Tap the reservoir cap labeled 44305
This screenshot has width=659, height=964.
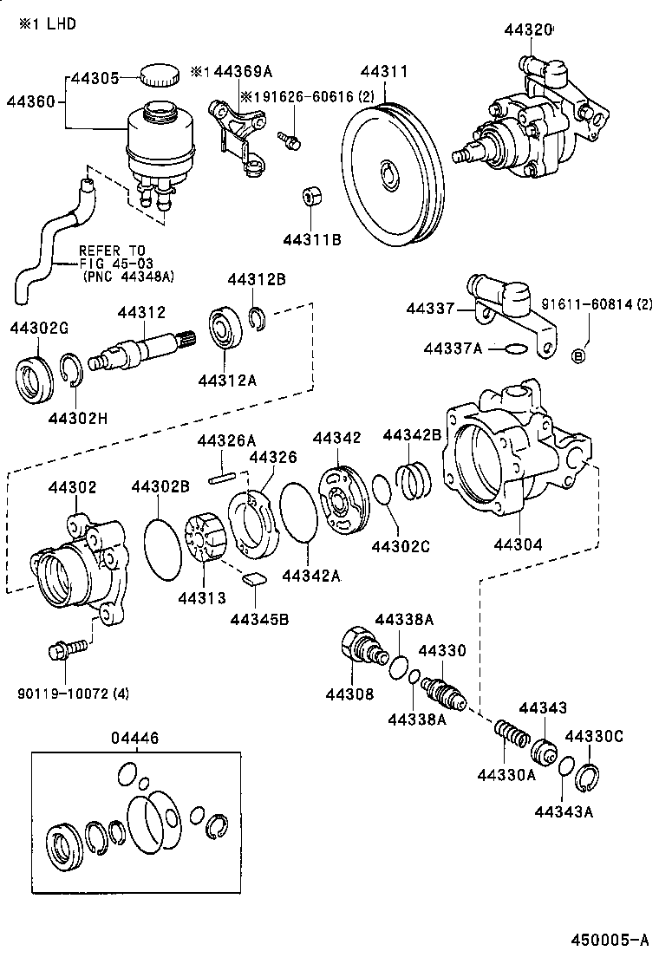pos(157,75)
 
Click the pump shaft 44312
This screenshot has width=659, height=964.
pos(139,350)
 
